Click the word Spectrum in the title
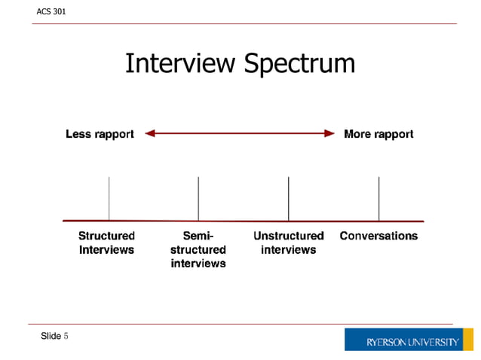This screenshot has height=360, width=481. tap(299, 65)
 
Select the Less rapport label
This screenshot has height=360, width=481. tap(100, 134)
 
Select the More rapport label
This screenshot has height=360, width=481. tap(378, 134)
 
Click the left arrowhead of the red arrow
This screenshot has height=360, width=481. tap(149, 134)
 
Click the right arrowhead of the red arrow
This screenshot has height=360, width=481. tap(329, 134)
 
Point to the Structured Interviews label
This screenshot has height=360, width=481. tap(107, 243)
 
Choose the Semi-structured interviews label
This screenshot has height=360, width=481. tap(198, 249)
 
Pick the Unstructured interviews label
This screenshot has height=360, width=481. tap(289, 243)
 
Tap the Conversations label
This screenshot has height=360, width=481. tap(378, 236)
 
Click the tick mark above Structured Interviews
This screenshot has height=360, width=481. tap(109, 198)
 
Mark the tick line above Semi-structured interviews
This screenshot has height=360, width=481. tap(198, 198)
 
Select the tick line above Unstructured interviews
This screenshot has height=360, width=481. tap(289, 198)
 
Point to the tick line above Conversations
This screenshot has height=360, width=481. tap(378, 198)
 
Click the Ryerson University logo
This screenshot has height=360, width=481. tap(412, 340)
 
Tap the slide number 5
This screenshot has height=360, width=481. tap(66, 336)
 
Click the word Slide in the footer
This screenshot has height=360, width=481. tap(51, 336)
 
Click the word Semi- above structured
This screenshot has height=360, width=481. tap(198, 236)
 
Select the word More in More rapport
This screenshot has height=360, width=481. tap(357, 134)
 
